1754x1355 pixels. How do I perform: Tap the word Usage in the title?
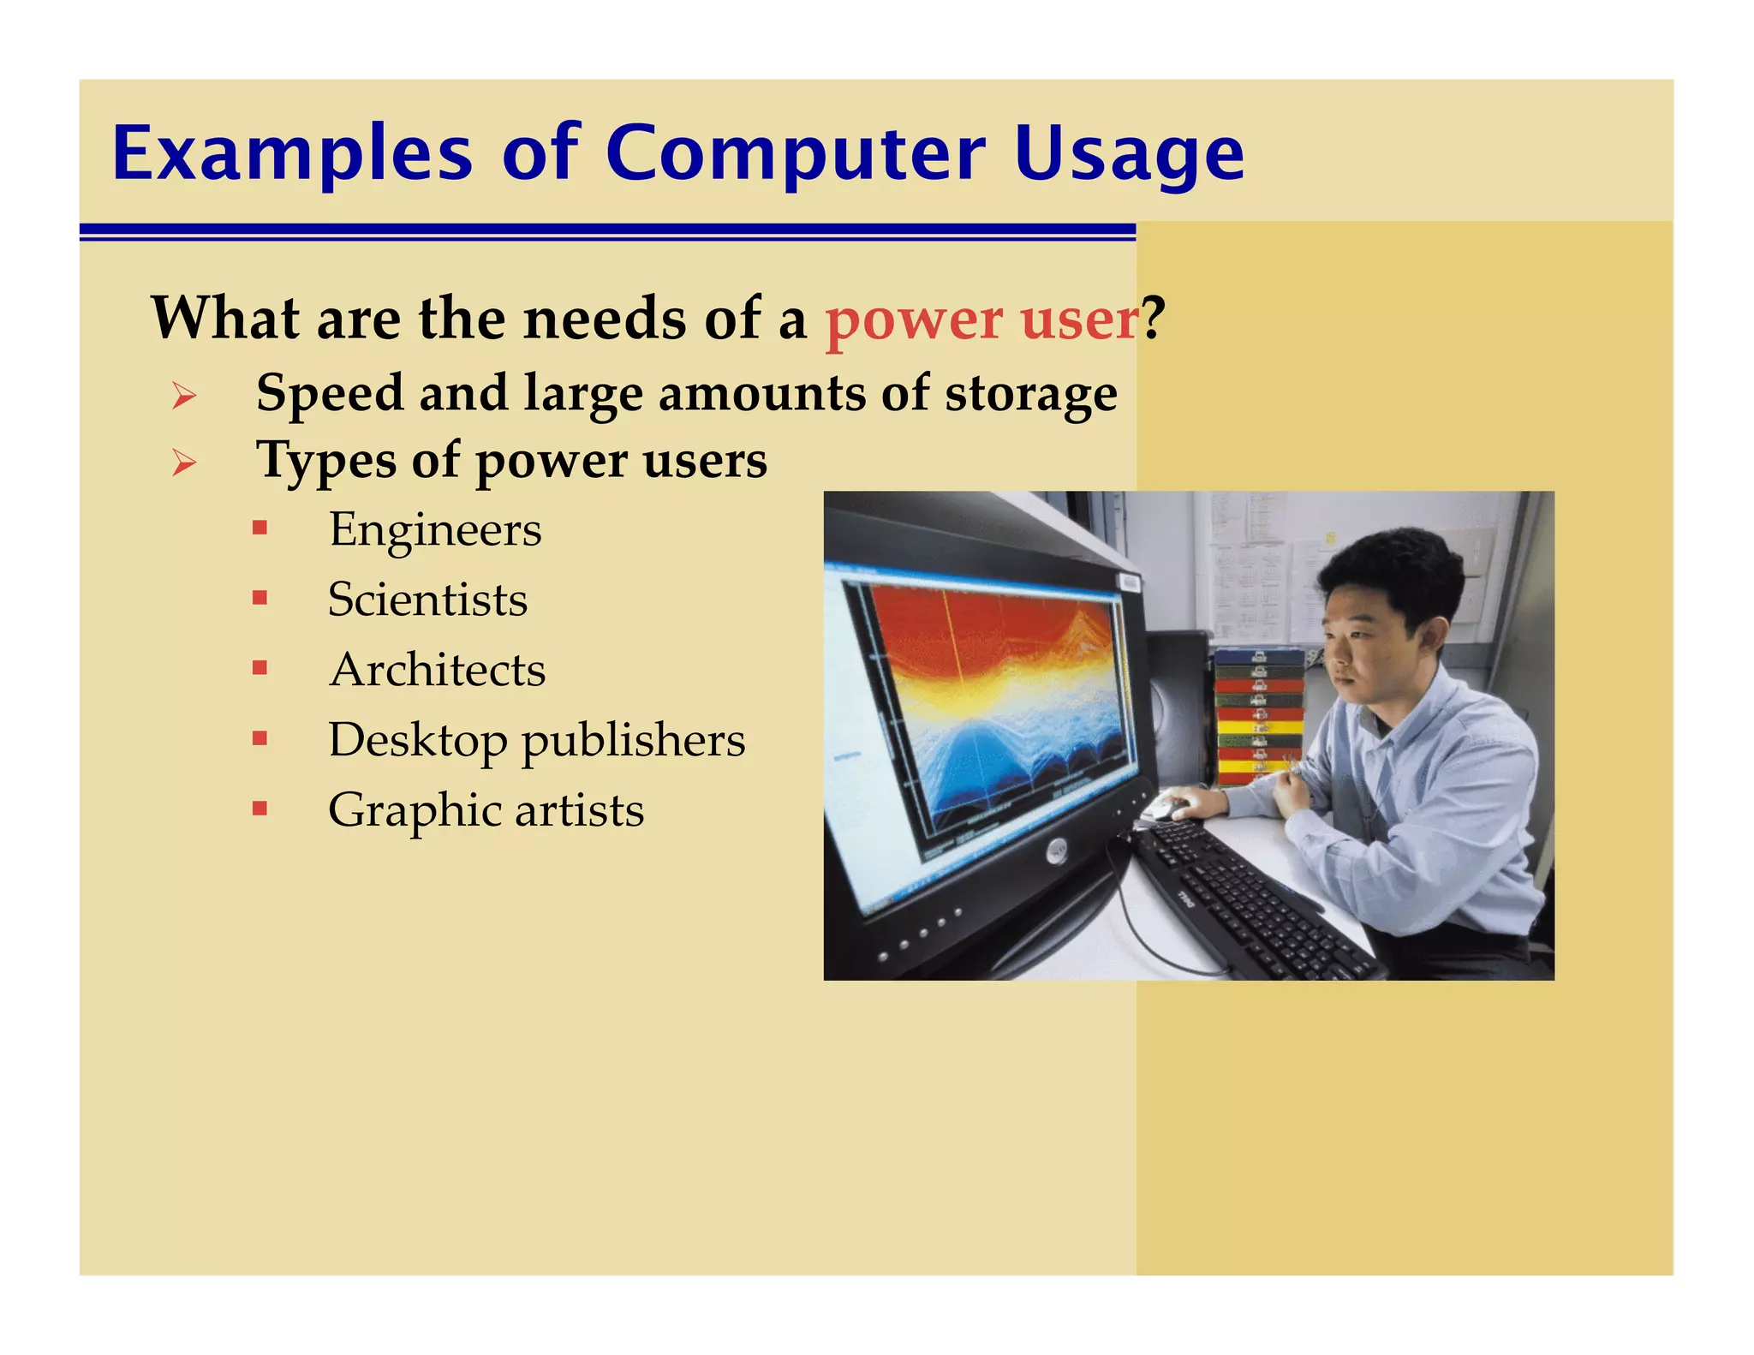pos(1129,156)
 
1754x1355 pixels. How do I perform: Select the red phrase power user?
pos(981,319)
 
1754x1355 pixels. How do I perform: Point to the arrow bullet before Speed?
pos(183,396)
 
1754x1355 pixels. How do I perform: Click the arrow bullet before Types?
pos(183,463)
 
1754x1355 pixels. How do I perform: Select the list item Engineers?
pos(435,530)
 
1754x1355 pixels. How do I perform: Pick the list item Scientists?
pos(427,600)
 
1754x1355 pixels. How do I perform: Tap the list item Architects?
pos(437,670)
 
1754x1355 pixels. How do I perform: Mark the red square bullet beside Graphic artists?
pos(260,808)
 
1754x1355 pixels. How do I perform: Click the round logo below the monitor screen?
pos(1057,851)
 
